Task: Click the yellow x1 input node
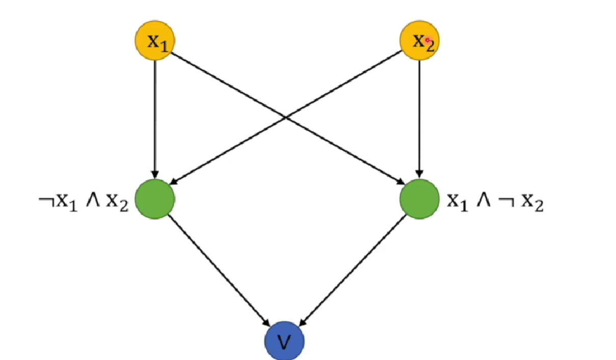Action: pos(155,41)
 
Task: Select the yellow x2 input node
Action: pos(419,41)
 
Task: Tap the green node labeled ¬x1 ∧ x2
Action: pos(155,199)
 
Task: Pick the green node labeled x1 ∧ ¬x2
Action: pos(419,199)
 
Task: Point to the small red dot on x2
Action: pos(428,40)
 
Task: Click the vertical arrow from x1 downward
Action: pos(155,117)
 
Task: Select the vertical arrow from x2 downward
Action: pos(419,117)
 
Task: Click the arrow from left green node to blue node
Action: pos(219,270)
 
